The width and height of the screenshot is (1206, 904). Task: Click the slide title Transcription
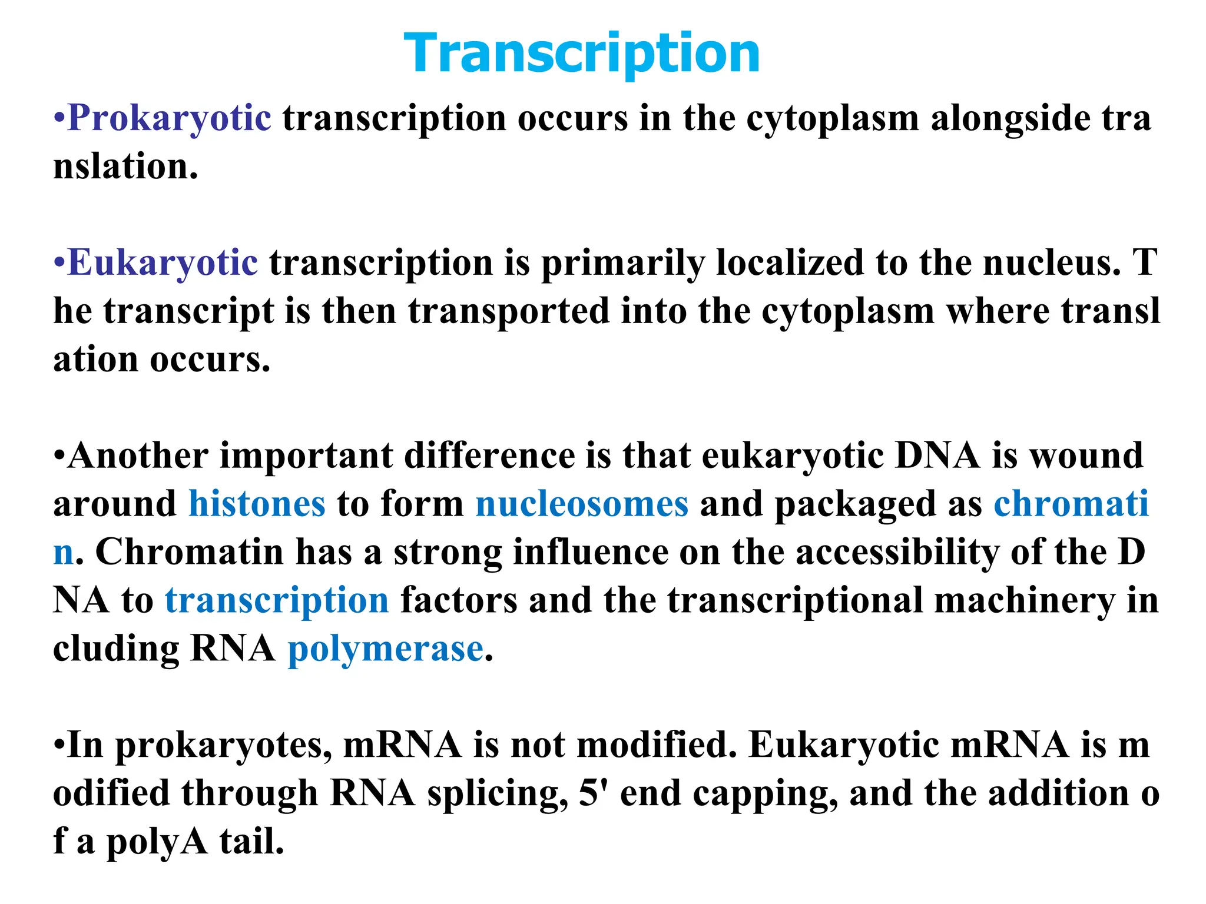[582, 54]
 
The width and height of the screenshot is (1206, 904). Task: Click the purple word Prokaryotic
[170, 118]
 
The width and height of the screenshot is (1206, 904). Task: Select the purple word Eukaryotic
[163, 262]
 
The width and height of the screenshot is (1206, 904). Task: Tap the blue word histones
[257, 504]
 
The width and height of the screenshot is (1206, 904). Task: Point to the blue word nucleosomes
[582, 504]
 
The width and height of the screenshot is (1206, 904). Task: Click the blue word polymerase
[386, 649]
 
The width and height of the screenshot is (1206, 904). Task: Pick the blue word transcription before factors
[277, 601]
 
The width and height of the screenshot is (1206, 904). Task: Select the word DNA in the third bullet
[937, 456]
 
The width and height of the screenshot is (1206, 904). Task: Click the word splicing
[498, 794]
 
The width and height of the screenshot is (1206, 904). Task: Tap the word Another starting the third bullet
[138, 456]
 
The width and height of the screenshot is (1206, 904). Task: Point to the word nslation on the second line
[125, 167]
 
